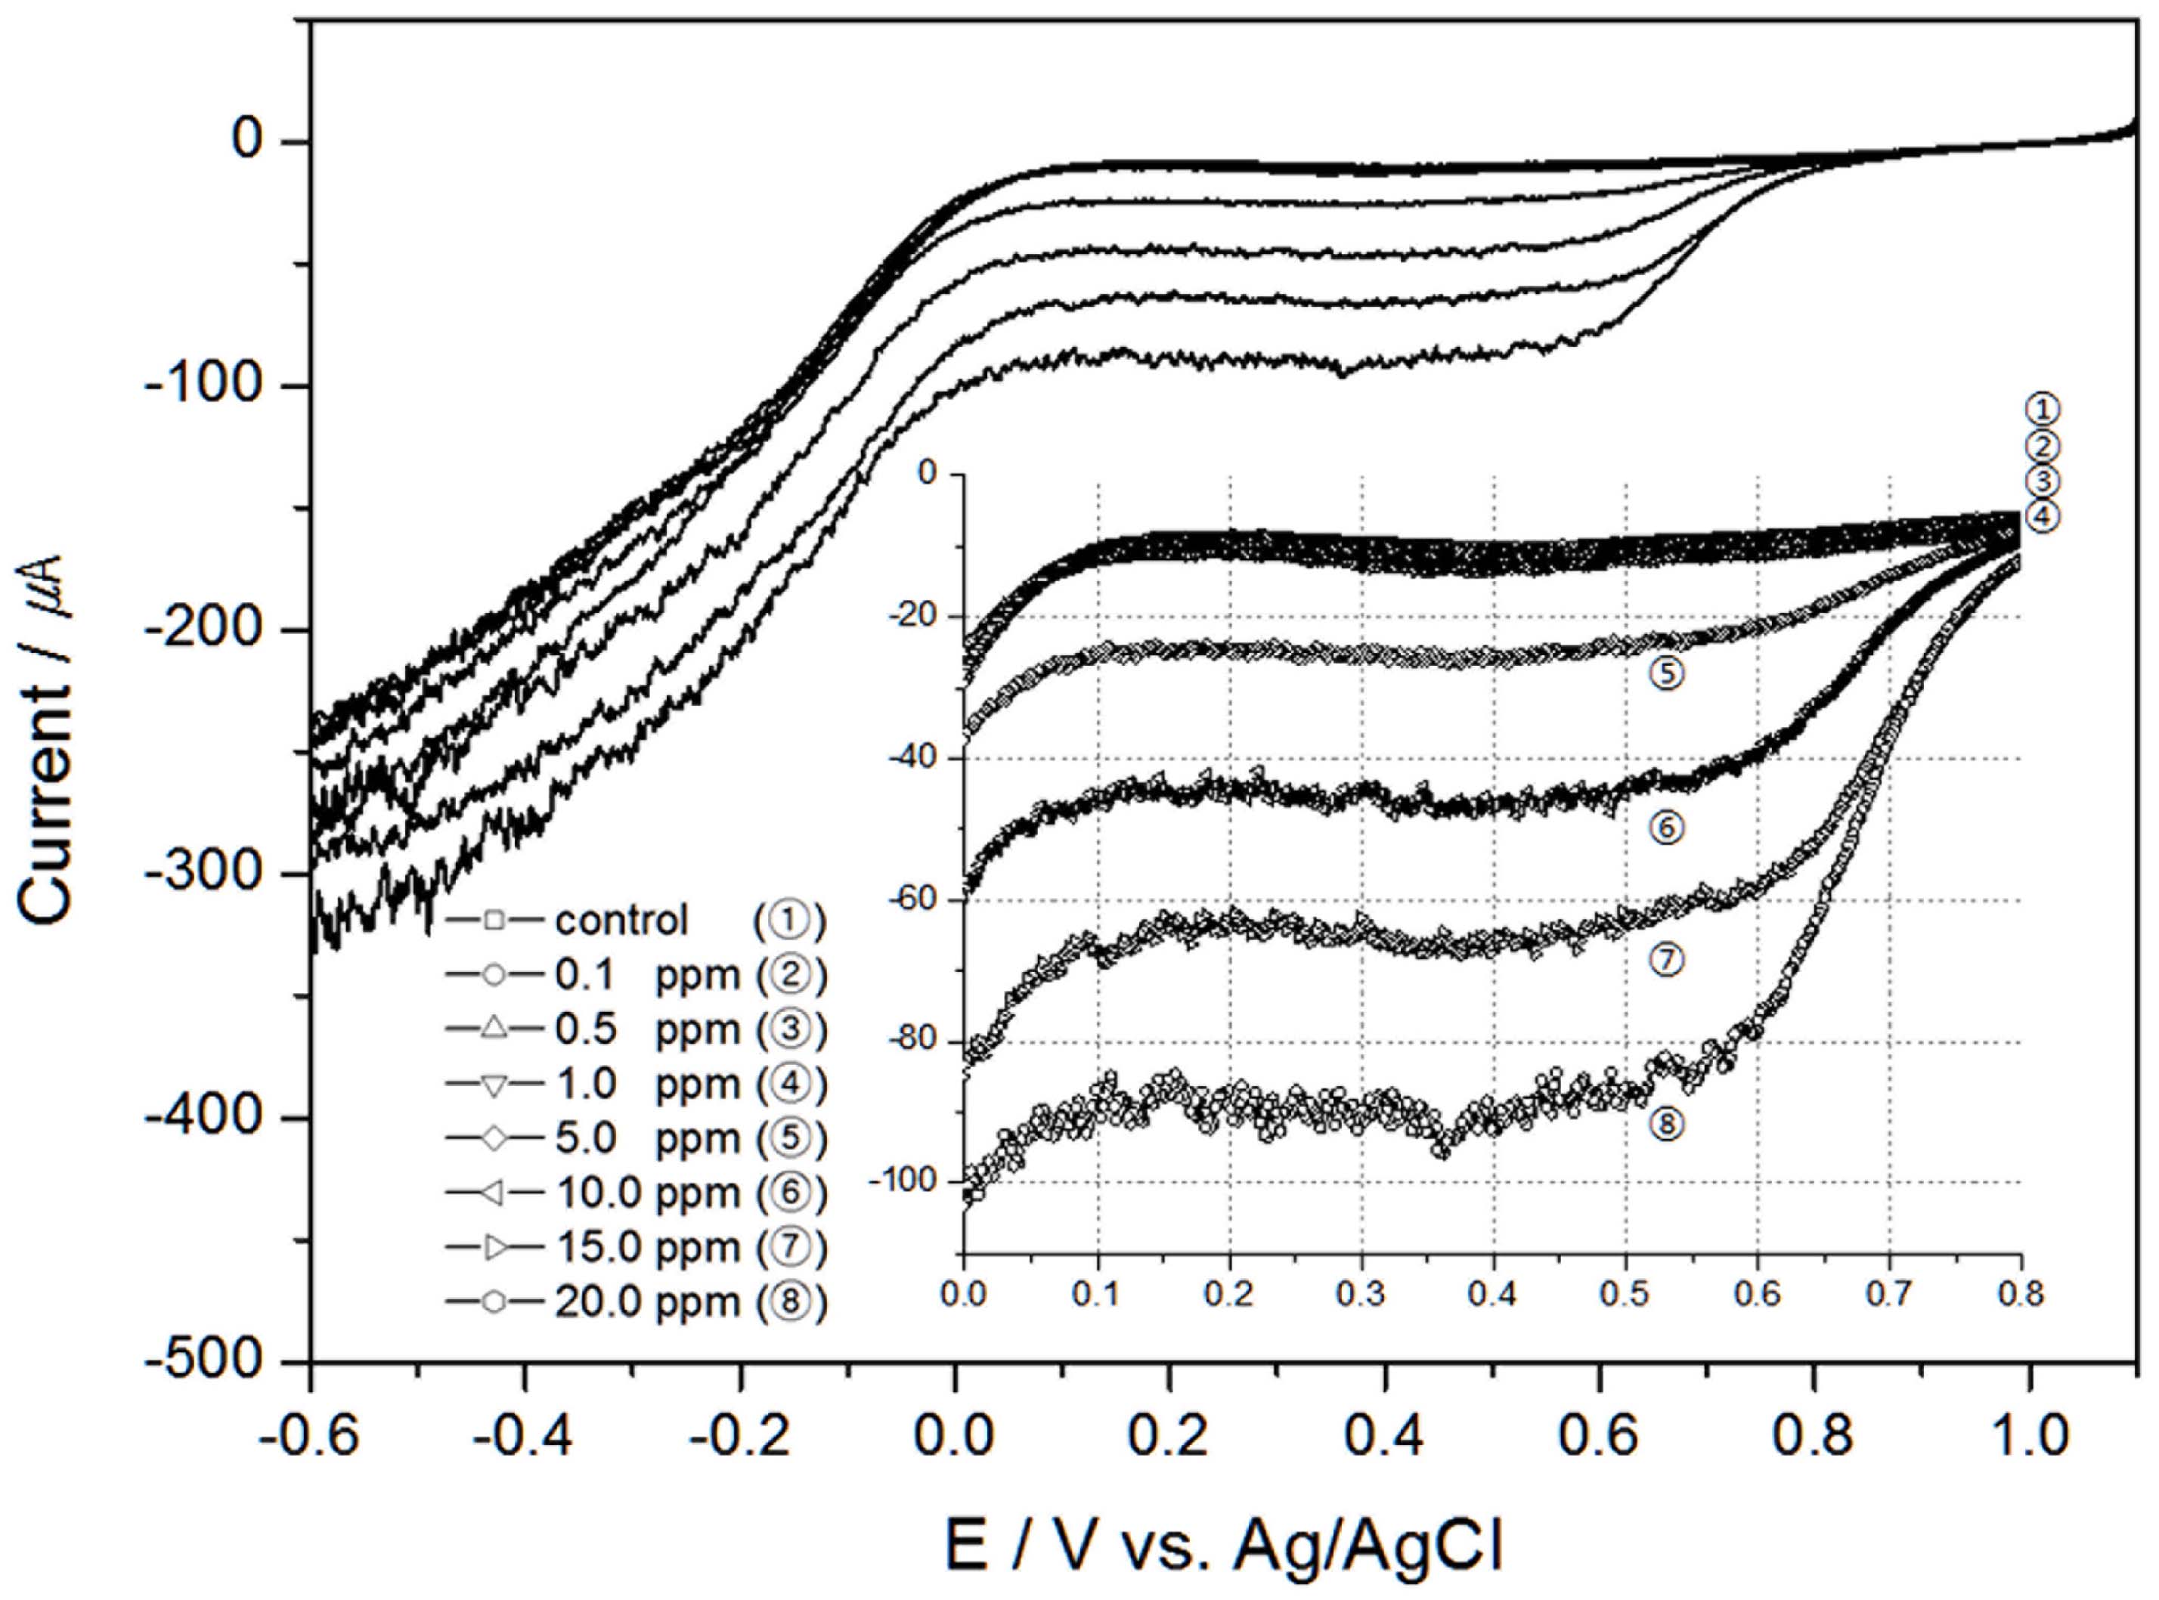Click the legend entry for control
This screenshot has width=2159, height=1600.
[x=634, y=920]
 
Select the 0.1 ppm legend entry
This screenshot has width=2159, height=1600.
[x=634, y=975]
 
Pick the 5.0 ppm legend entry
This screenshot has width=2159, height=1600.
[x=634, y=1138]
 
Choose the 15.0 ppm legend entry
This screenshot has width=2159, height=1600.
[x=634, y=1248]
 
